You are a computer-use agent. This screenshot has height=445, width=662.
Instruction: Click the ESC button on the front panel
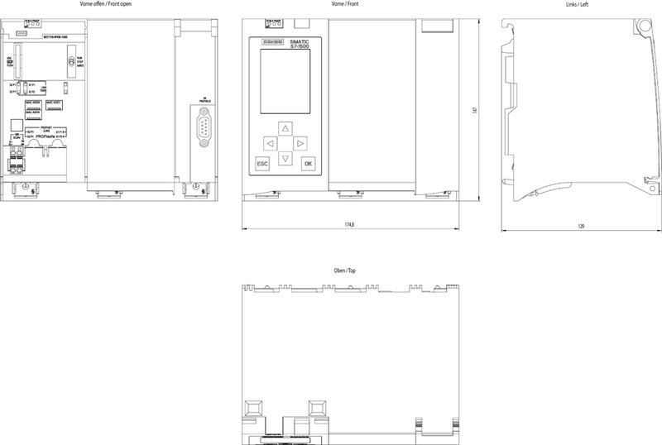pyautogui.click(x=262, y=164)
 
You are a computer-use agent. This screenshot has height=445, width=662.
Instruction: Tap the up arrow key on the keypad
pyautogui.click(x=285, y=128)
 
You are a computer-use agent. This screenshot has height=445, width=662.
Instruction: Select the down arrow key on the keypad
pyautogui.click(x=285, y=157)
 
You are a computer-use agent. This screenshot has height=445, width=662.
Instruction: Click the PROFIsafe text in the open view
pyautogui.click(x=47, y=136)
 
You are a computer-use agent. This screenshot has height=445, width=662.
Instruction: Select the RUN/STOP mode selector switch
pyautogui.click(x=71, y=62)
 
